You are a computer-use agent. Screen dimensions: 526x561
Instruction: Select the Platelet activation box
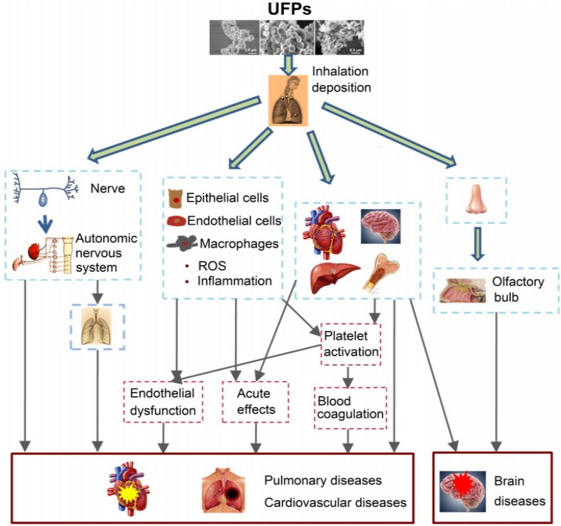point(351,344)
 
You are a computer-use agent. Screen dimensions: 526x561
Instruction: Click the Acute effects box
point(256,401)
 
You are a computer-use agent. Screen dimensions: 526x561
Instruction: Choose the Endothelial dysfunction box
point(163,401)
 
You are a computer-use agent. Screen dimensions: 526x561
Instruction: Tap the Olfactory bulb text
point(517,290)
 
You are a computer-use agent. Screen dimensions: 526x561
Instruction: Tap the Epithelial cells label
point(227,198)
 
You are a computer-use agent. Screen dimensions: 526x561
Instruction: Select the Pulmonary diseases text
point(323,480)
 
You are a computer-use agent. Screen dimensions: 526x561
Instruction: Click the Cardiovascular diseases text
point(335,502)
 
